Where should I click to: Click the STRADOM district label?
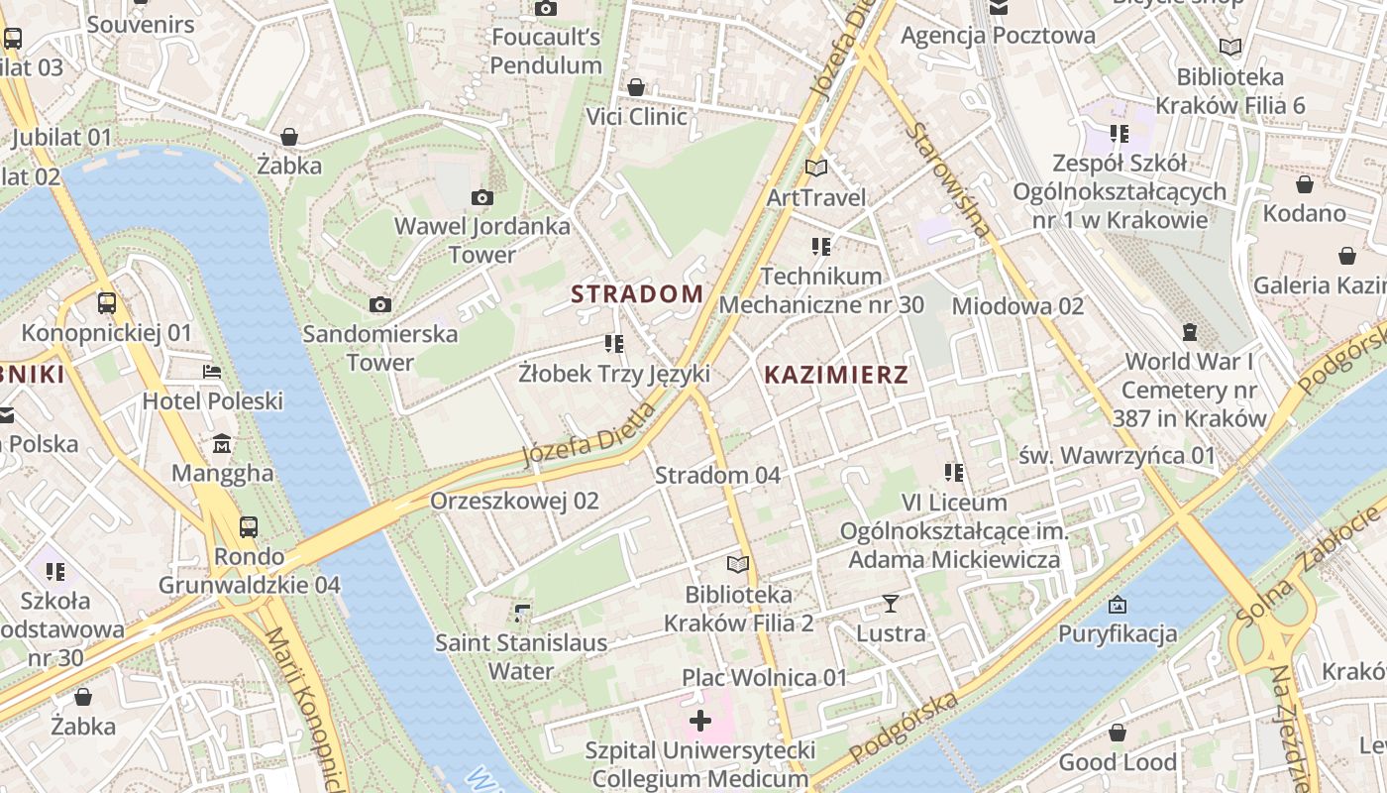click(x=638, y=293)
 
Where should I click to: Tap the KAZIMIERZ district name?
click(x=836, y=375)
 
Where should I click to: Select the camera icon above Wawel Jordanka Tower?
click(x=482, y=197)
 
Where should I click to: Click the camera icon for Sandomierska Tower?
click(x=379, y=304)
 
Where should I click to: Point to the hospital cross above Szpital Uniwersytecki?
click(x=699, y=720)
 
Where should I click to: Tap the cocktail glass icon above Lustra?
click(x=891, y=603)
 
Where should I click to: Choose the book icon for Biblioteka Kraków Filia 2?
click(x=738, y=564)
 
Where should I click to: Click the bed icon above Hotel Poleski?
click(x=212, y=372)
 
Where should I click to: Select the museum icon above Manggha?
click(x=222, y=443)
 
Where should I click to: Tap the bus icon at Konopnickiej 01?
click(x=107, y=303)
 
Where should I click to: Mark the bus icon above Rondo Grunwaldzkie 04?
click(x=249, y=526)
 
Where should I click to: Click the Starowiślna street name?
click(x=948, y=179)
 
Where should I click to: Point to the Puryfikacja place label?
click(x=1118, y=632)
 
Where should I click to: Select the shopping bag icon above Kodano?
click(x=1304, y=184)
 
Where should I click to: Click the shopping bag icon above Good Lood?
click(x=1118, y=733)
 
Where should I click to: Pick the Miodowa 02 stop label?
click(x=1017, y=306)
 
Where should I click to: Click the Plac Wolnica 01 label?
click(x=765, y=678)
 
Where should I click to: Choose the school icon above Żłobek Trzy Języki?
click(x=614, y=344)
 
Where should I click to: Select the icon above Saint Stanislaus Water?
click(x=522, y=614)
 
